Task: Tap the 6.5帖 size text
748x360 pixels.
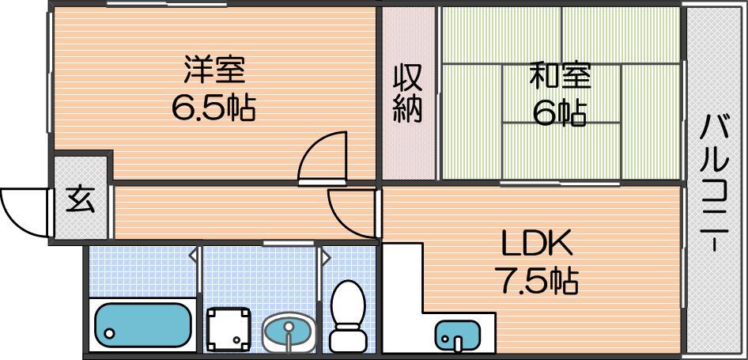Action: point(213,109)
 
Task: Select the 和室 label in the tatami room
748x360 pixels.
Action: point(560,78)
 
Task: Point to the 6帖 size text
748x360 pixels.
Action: point(560,113)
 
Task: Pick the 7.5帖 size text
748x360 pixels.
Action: point(536,282)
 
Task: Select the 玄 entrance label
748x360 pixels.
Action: point(80,199)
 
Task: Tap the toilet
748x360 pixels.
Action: point(348,316)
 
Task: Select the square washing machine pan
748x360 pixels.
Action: point(228,328)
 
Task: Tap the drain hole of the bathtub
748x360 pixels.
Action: point(110,333)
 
